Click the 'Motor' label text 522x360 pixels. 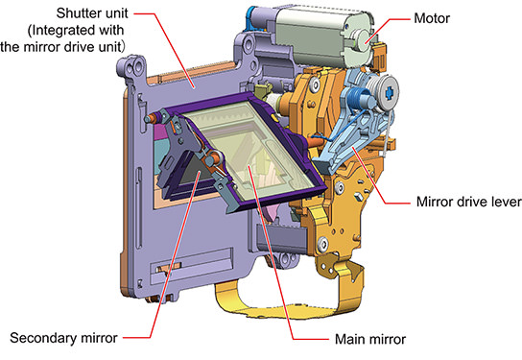click(432, 18)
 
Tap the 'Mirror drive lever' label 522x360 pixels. click(469, 202)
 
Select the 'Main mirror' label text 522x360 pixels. click(370, 339)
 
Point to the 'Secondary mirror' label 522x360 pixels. click(63, 338)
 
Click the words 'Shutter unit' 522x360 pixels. click(92, 13)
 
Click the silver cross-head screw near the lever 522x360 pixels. click(389, 91)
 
